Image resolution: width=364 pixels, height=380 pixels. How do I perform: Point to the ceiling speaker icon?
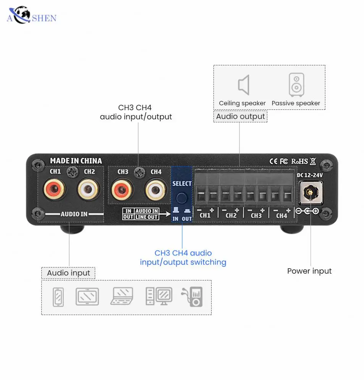tap(243, 85)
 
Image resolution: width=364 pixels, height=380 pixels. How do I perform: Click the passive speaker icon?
tap(296, 85)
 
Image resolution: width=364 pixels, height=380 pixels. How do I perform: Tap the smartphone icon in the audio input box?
tap(58, 297)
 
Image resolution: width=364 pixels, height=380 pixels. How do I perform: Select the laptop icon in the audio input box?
tap(122, 296)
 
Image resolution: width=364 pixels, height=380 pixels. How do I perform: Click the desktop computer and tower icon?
tap(159, 296)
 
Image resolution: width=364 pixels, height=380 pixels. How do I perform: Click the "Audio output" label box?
tap(240, 116)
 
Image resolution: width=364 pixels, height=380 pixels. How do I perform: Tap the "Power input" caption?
tap(309, 271)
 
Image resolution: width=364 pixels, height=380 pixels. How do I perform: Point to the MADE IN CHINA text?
tap(76, 161)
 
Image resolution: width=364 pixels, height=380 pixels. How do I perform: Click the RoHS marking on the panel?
tap(299, 161)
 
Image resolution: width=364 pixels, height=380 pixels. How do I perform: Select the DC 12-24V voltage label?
tap(310, 175)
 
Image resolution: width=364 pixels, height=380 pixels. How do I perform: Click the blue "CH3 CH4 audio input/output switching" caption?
tap(183, 258)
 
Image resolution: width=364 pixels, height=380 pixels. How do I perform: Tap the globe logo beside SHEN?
tap(21, 15)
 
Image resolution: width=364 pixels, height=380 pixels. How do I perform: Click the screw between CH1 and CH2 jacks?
tap(72, 172)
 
